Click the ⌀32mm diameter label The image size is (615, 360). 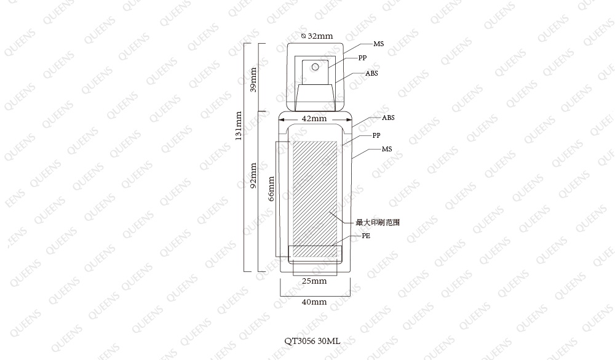point(317,36)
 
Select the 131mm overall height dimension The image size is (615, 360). point(238,126)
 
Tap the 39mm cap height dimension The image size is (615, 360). point(253,80)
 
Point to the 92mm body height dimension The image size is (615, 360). point(253,175)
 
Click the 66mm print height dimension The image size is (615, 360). point(271,189)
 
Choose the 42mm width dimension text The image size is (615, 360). point(314,119)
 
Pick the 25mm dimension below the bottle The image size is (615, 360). point(314,281)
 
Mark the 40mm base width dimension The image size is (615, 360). point(314,302)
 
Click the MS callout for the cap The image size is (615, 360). point(378,44)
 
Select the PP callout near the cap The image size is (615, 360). point(362,58)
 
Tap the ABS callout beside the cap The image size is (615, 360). point(371,73)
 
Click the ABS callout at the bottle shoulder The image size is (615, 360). point(388,118)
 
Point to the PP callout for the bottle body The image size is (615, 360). point(376,135)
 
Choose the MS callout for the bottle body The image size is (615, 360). point(387,149)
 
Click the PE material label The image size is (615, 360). point(365,236)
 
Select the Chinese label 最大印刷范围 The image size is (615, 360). point(378,223)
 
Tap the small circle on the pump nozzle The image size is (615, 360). point(315,67)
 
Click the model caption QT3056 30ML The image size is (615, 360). point(312,341)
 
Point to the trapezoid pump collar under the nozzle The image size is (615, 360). point(315,97)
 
